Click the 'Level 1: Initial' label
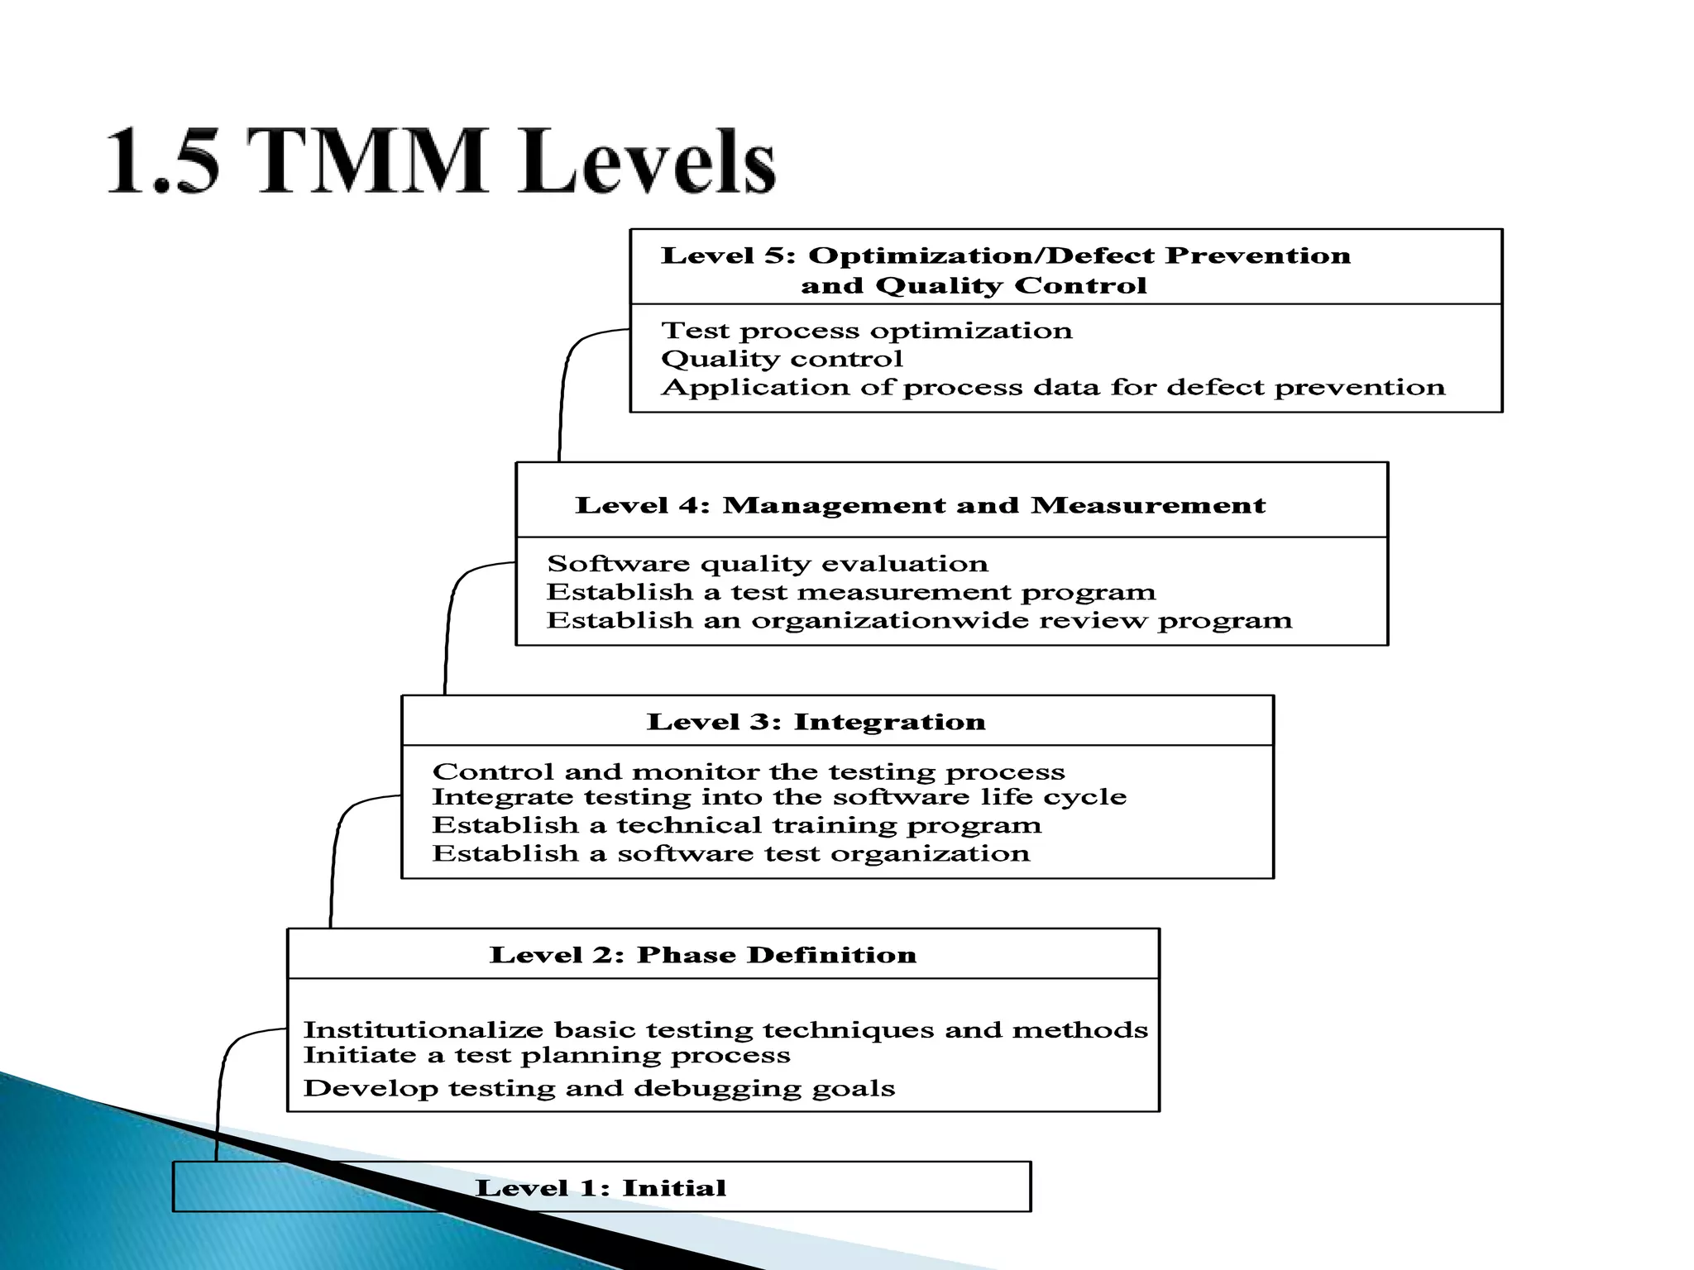(x=601, y=1188)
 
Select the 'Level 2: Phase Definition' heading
(x=703, y=955)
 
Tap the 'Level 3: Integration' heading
(x=816, y=722)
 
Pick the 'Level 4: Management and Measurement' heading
(x=920, y=505)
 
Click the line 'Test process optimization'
(x=867, y=331)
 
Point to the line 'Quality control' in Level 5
(x=782, y=359)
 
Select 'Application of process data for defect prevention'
(x=1053, y=387)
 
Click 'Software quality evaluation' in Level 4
(x=768, y=564)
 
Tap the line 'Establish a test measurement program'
(x=851, y=592)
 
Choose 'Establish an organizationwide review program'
(x=919, y=620)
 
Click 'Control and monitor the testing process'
(x=749, y=771)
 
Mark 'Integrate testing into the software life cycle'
(x=779, y=797)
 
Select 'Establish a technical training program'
(x=737, y=825)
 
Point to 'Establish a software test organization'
(x=731, y=853)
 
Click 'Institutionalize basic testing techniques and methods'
(x=725, y=1030)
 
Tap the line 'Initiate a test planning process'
(x=547, y=1055)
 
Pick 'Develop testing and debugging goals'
(x=599, y=1088)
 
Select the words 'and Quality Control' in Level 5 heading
(x=974, y=286)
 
